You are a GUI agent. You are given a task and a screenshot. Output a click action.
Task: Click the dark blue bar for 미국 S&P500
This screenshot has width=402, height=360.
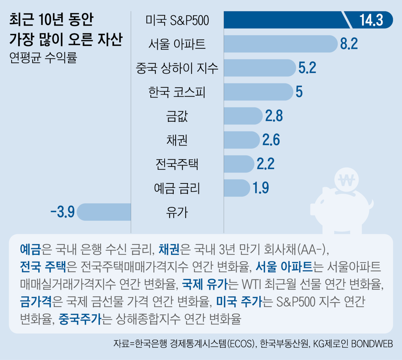(x=283, y=20)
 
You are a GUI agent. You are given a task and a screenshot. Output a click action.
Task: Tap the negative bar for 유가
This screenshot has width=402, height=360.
(x=104, y=212)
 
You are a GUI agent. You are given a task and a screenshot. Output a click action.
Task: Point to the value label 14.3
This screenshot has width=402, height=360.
(x=371, y=20)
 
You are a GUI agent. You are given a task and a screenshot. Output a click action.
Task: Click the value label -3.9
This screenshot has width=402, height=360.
(x=62, y=212)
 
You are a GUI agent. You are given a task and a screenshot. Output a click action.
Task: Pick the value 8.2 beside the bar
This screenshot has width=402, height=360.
(x=349, y=44)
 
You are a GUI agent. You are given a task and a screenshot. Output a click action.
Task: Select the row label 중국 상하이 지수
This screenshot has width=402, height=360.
(x=177, y=68)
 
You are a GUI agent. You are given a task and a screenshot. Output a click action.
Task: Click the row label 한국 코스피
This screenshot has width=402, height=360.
(x=177, y=92)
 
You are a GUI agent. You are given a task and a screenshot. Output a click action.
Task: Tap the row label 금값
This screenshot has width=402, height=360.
(x=177, y=116)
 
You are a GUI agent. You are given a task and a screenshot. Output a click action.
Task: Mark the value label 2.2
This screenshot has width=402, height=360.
(x=265, y=164)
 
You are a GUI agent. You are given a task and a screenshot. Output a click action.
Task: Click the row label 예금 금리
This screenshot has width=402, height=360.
(x=177, y=188)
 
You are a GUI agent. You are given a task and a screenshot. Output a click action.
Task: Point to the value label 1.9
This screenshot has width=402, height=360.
(x=261, y=188)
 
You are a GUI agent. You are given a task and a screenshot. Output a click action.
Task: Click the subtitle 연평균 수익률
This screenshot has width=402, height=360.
(x=43, y=57)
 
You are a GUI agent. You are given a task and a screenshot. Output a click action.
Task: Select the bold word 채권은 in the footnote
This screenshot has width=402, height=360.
(x=169, y=249)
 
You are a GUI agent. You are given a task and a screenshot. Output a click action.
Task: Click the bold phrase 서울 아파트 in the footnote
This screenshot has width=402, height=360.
(x=284, y=267)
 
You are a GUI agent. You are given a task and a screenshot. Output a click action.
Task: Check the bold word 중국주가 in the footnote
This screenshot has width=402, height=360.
(x=80, y=319)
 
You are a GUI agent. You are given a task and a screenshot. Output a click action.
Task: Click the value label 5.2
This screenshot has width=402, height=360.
(x=307, y=68)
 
